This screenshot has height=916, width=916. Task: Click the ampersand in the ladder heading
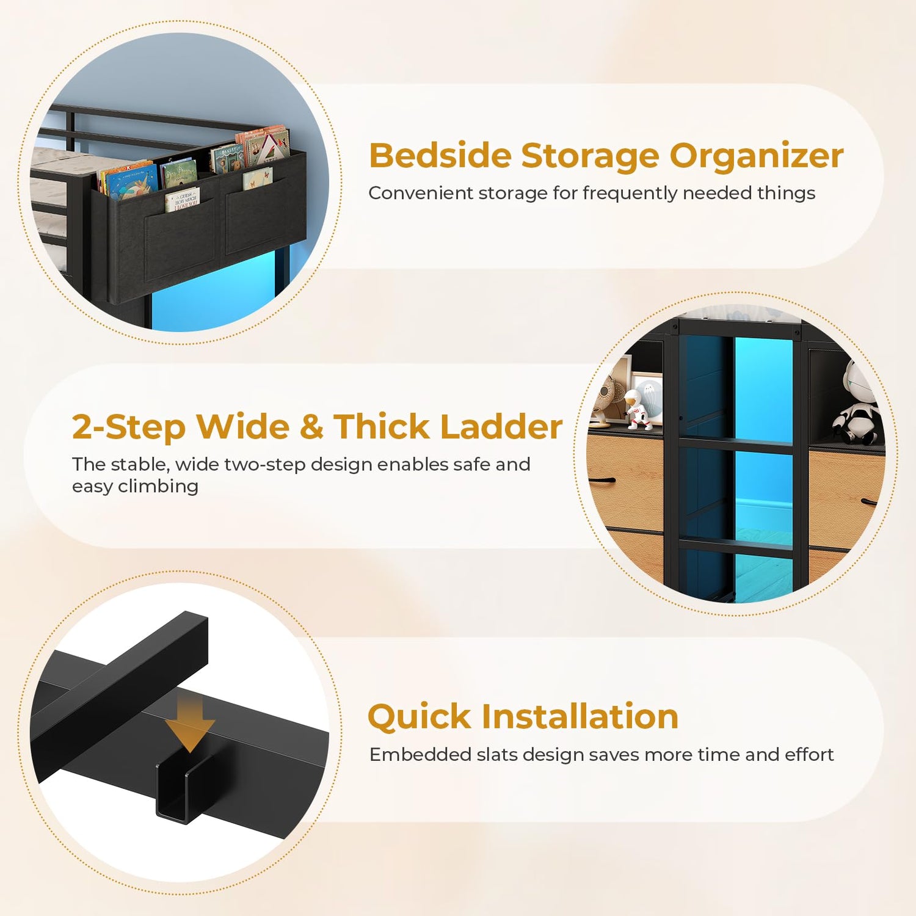311,427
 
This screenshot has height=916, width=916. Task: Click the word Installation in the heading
580,717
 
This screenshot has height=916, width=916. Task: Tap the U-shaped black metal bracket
183,788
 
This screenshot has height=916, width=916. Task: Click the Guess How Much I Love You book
182,199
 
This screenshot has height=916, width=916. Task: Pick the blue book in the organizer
127,181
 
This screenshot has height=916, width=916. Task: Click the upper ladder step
736,444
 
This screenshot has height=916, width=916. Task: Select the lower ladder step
736,545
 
